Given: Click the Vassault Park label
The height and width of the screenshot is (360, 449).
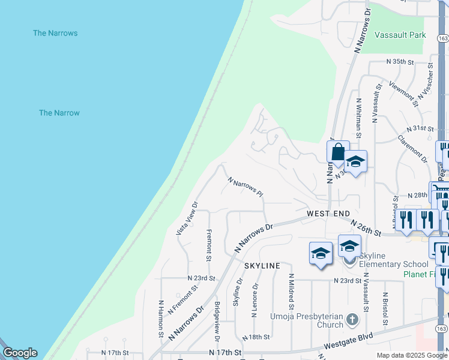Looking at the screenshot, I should point(400,35).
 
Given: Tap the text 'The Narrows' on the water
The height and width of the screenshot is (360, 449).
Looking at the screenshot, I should point(55,33).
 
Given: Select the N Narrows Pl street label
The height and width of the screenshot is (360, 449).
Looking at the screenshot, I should point(246,187).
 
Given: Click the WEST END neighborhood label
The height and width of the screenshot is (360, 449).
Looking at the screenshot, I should point(328,214).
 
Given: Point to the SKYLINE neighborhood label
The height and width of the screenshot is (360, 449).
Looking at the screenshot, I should point(262,265).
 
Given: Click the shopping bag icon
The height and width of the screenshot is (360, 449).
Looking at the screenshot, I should point(338,152).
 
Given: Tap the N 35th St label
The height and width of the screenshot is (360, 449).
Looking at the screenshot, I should point(400,62).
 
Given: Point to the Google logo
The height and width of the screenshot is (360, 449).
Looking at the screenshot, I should point(20,353).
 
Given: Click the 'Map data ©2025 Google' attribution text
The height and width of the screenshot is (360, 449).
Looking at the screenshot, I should point(412,355).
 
